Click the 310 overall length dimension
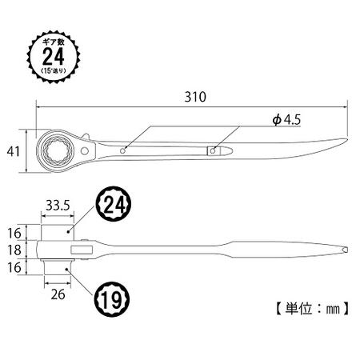pos(195,97)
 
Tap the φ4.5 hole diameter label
pos(286,120)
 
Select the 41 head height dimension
pos(14,151)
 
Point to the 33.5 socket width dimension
pos(58,206)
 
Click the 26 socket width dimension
pos(58,294)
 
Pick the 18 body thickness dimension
pos(14,250)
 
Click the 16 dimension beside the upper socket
pos(14,234)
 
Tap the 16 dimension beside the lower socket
pos(14,267)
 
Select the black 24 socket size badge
pos(114,205)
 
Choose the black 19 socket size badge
pos(112,299)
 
